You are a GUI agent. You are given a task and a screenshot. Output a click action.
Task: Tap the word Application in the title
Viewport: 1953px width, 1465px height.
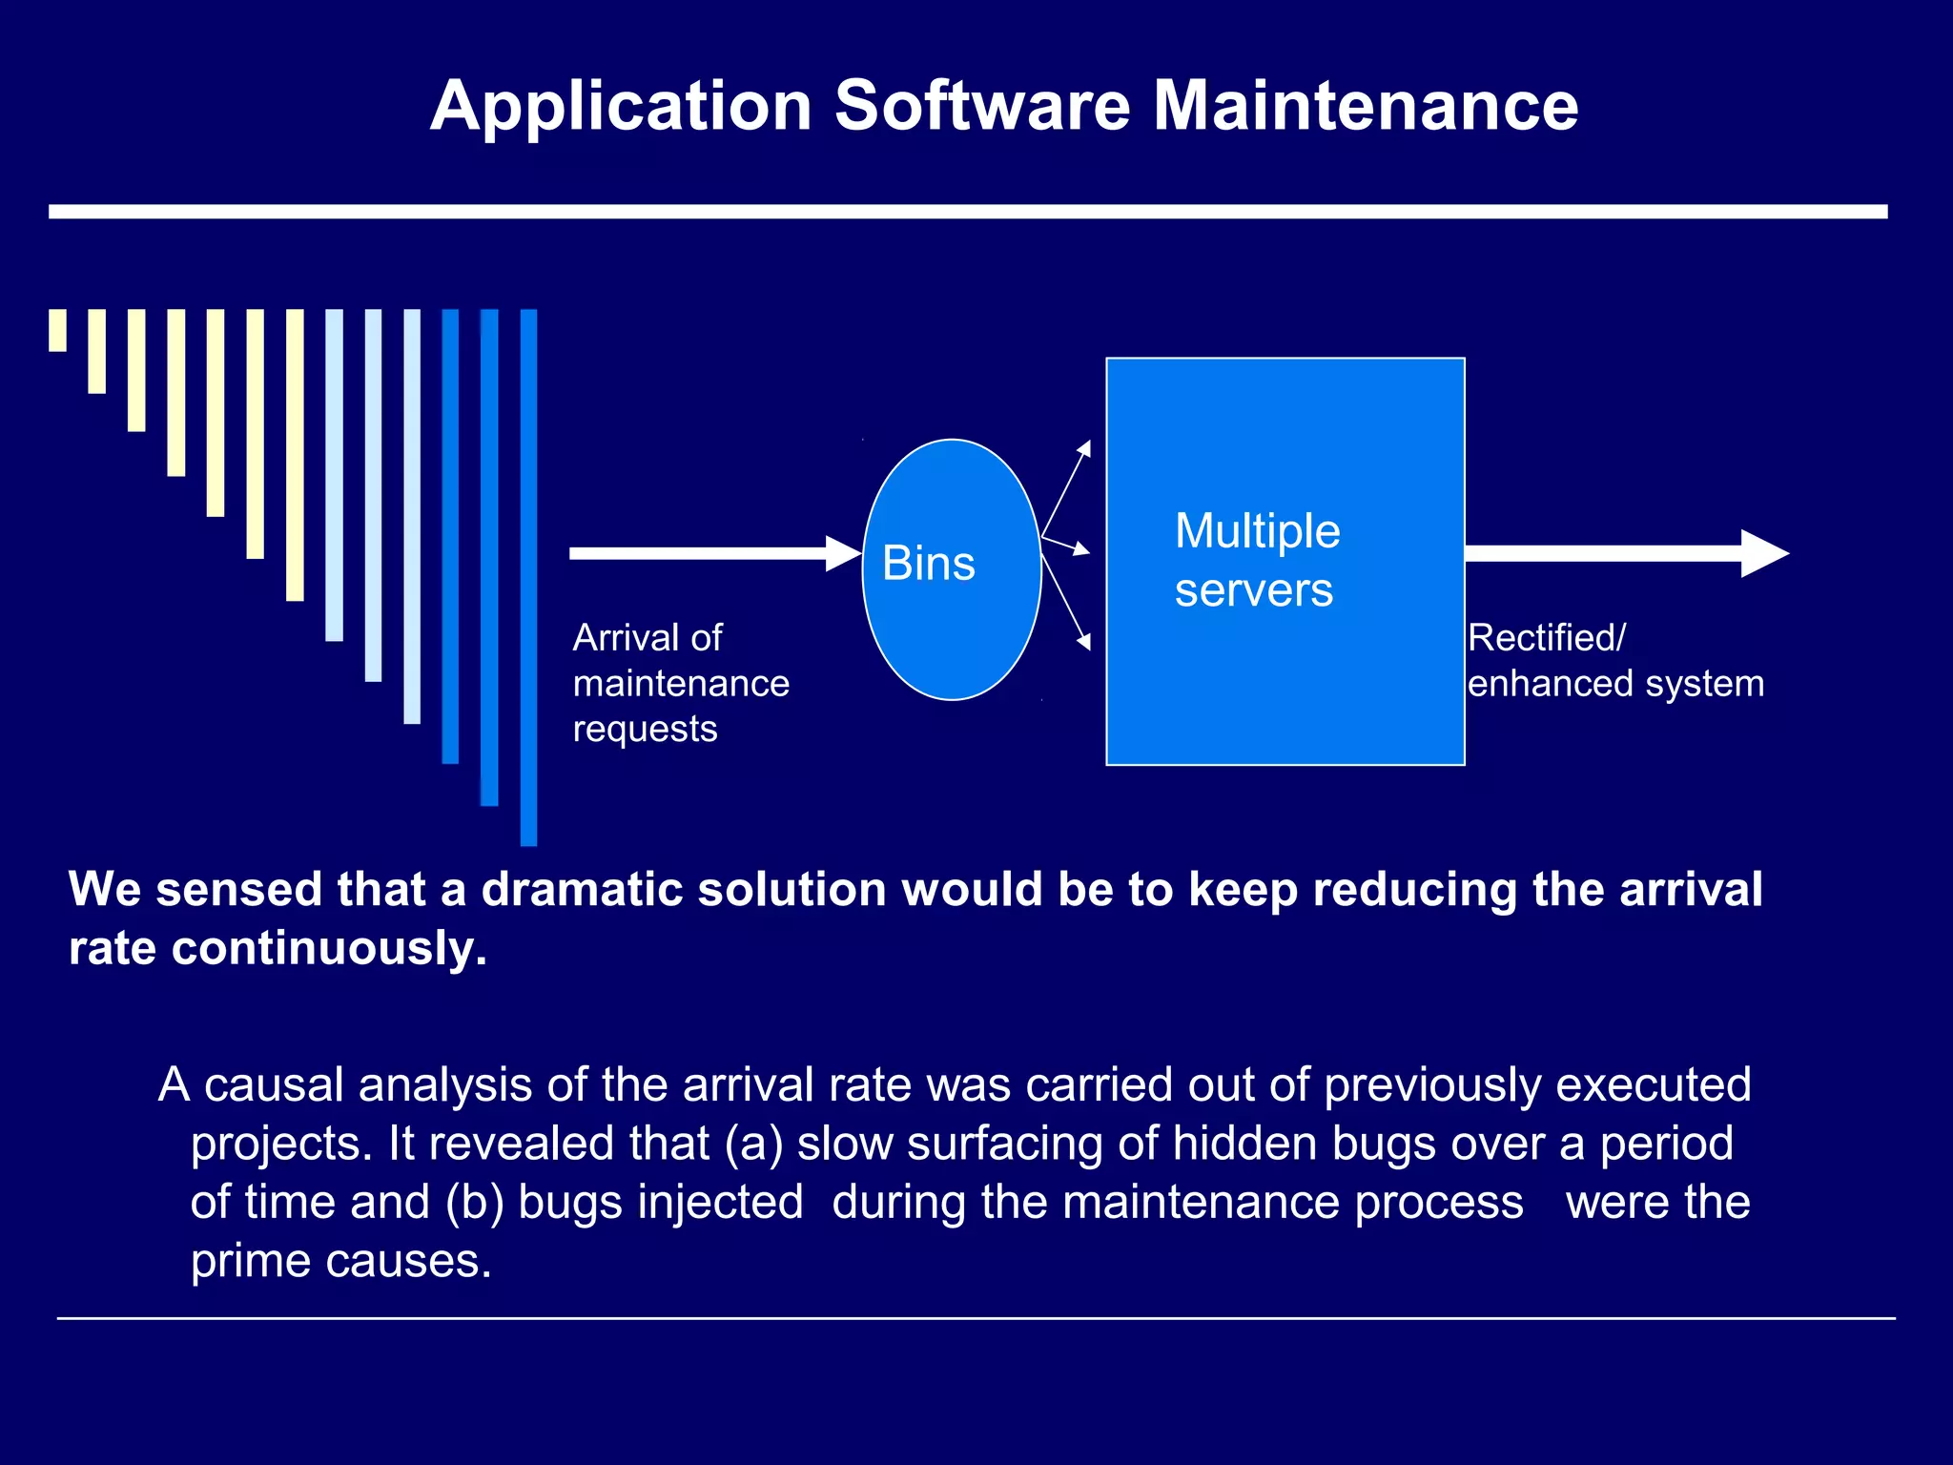pyautogui.click(x=621, y=107)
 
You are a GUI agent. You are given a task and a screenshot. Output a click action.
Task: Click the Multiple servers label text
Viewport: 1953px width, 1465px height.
pyautogui.click(x=1257, y=560)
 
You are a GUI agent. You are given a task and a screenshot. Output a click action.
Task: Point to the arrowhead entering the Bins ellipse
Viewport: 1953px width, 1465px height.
pyautogui.click(x=843, y=553)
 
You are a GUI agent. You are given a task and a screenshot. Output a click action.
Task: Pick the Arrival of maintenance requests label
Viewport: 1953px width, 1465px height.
pyautogui.click(x=681, y=683)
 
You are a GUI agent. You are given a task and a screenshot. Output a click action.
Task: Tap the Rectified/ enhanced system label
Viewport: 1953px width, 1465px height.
pyautogui.click(x=1615, y=661)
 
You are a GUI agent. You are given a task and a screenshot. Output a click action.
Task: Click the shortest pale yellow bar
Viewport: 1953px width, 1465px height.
pyautogui.click(x=58, y=330)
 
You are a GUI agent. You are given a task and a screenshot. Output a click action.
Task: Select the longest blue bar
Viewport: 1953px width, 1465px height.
pyautogui.click(x=528, y=577)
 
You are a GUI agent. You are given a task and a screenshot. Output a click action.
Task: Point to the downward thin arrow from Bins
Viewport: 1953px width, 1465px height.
pyautogui.click(x=1067, y=601)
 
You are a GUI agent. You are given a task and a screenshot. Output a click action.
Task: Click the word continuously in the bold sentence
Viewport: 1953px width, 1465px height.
pyautogui.click(x=329, y=948)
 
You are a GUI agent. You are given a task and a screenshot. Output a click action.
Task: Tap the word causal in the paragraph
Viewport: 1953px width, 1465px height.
pyautogui.click(x=274, y=1085)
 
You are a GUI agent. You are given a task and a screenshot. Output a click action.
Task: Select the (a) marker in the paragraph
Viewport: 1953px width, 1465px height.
pyautogui.click(x=753, y=1144)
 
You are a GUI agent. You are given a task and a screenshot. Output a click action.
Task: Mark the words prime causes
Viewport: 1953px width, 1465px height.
pyautogui.click(x=340, y=1261)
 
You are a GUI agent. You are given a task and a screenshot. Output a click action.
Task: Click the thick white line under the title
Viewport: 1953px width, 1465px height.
pyautogui.click(x=968, y=212)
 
